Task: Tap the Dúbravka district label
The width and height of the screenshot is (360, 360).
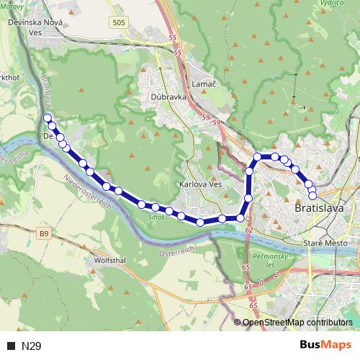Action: pos(168,96)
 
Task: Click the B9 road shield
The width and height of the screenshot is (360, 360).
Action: pos(45,233)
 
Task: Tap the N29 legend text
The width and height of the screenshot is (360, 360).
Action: pos(32,346)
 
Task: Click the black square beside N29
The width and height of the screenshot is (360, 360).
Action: pos(11,346)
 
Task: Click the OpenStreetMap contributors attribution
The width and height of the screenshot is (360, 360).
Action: pos(297,323)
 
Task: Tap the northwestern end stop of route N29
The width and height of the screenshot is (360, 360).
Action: pos(48,117)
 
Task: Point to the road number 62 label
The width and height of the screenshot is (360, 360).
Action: pos(249,229)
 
